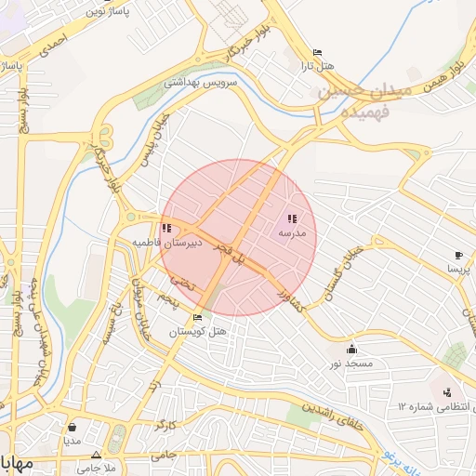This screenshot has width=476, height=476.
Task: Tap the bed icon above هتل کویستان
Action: (196, 318)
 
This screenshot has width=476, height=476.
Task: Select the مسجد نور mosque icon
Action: (350, 350)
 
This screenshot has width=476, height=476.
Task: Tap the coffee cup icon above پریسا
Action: (458, 255)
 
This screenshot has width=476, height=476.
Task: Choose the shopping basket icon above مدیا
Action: (72, 428)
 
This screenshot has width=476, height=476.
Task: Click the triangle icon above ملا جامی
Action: (96, 454)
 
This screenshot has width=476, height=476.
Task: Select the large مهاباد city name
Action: (15, 462)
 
